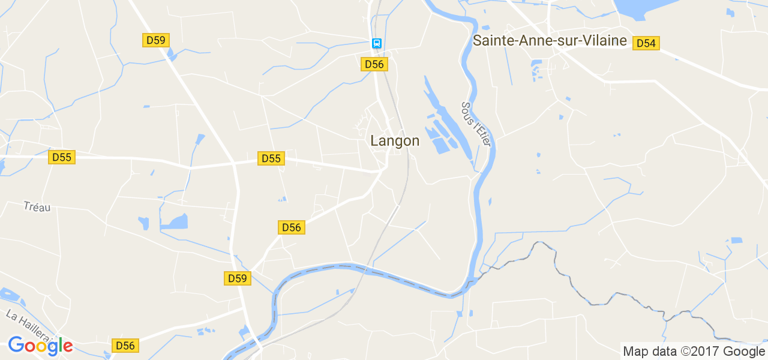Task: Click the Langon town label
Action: coord(395,140)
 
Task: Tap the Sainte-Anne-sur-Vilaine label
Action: coord(550,41)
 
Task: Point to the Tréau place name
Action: coord(37,206)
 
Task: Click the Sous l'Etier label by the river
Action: coord(476,124)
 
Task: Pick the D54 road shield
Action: coord(646,43)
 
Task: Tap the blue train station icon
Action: coord(376,43)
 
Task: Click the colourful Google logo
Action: coord(40,346)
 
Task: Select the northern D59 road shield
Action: coord(156,40)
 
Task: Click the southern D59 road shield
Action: coord(238,278)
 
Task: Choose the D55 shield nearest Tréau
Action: coord(62,157)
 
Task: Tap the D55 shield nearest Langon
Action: coord(271,158)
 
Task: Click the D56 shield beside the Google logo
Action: coord(125,346)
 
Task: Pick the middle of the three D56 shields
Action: coord(292,227)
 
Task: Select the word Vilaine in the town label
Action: coord(604,41)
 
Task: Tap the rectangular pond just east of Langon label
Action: coord(442,145)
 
